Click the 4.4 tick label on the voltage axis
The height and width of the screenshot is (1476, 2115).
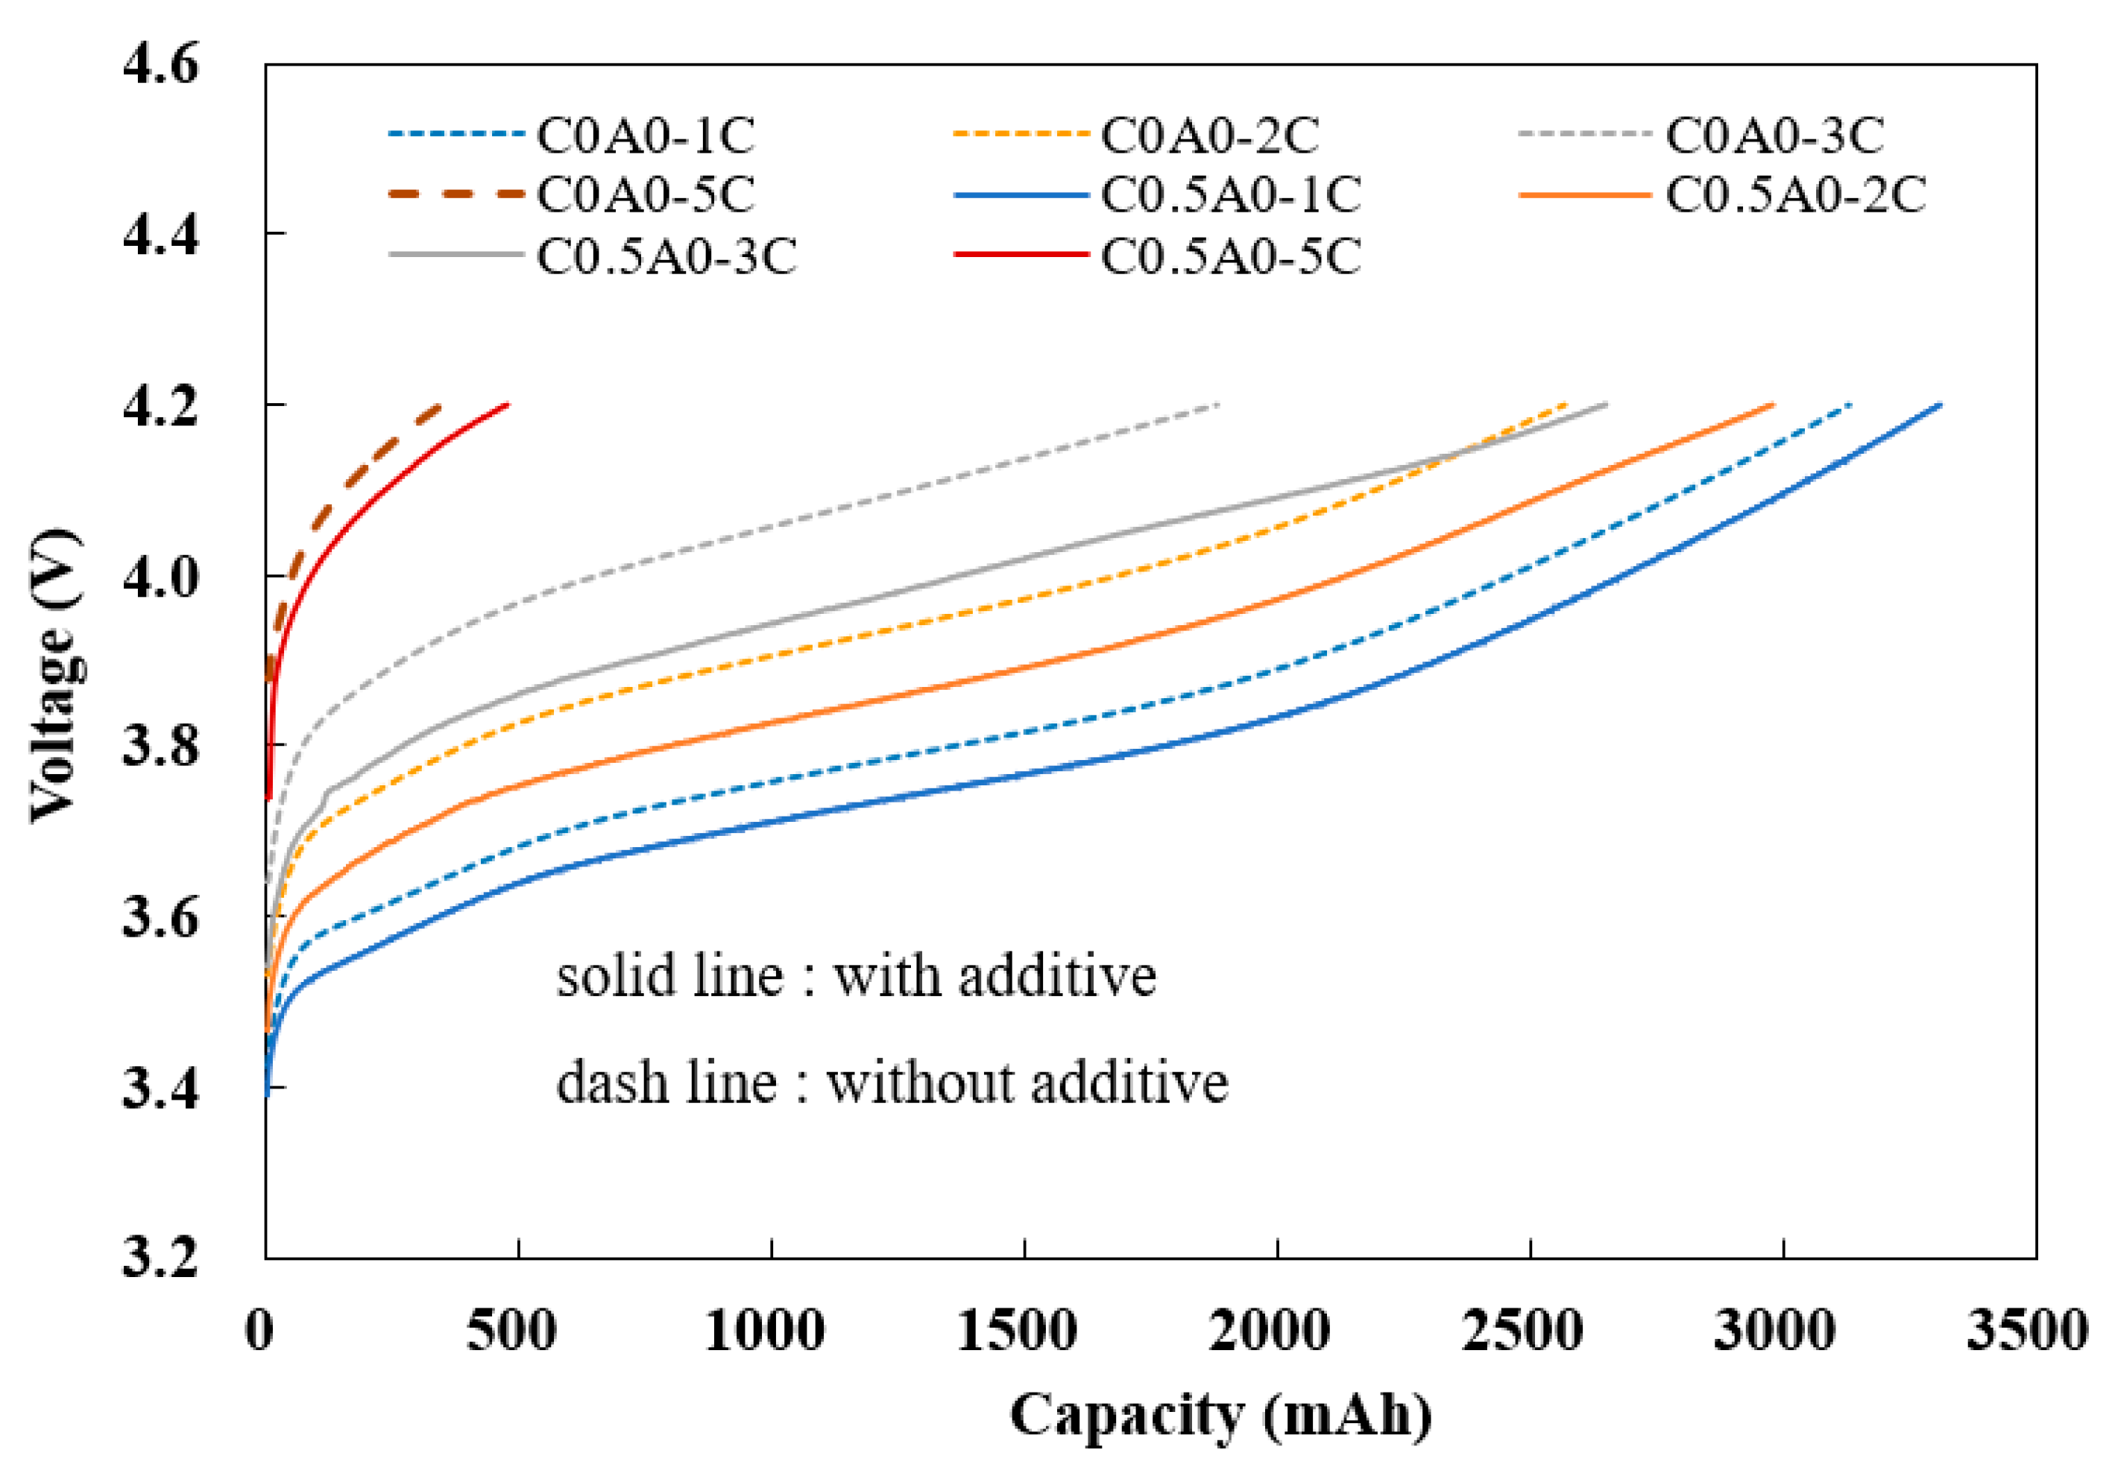[x=160, y=235]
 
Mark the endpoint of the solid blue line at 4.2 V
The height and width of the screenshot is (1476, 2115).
[x=1941, y=405]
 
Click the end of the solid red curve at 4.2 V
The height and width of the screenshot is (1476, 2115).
[x=508, y=405]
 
